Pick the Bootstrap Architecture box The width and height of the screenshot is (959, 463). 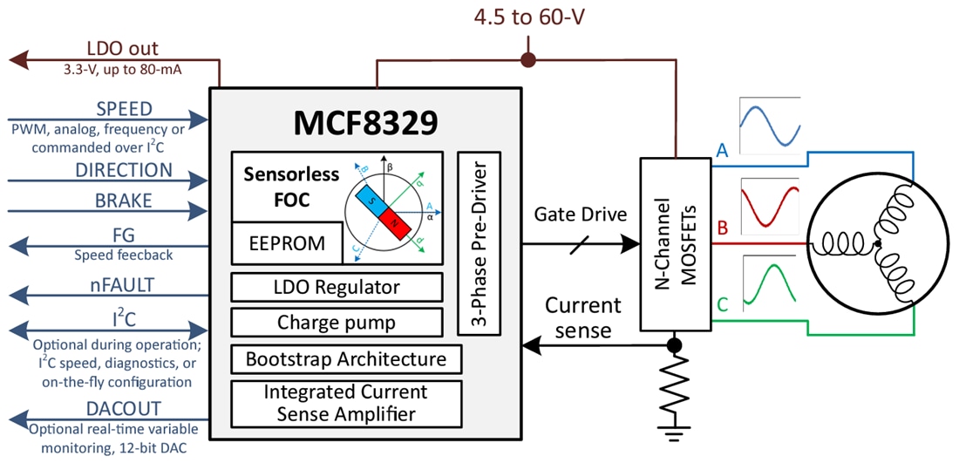(x=345, y=358)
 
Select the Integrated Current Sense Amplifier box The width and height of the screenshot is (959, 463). (x=345, y=402)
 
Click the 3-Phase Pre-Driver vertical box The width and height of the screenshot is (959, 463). (x=478, y=242)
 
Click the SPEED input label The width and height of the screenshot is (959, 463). (x=124, y=110)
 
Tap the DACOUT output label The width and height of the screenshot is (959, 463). (x=124, y=409)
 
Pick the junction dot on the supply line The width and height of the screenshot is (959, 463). (x=527, y=60)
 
